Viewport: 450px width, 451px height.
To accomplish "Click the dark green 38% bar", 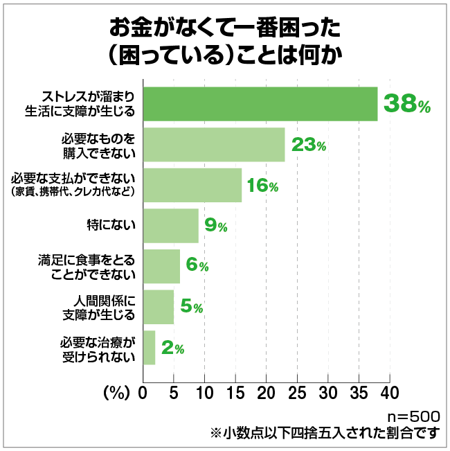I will click(260, 104).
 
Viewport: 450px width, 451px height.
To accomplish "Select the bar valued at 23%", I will click(214, 145).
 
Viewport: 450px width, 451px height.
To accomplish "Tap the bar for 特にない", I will click(171, 226).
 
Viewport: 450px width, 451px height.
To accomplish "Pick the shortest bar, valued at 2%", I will click(149, 348).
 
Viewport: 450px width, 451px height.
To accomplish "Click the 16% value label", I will click(264, 186).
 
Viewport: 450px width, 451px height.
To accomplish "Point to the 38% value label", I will click(407, 104).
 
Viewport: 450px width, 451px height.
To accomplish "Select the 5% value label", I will click(190, 307).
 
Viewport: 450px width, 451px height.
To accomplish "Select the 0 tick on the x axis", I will click(143, 393).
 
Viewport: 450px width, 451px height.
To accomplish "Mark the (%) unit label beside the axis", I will click(116, 393).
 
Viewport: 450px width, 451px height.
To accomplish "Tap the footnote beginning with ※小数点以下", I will click(325, 434).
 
